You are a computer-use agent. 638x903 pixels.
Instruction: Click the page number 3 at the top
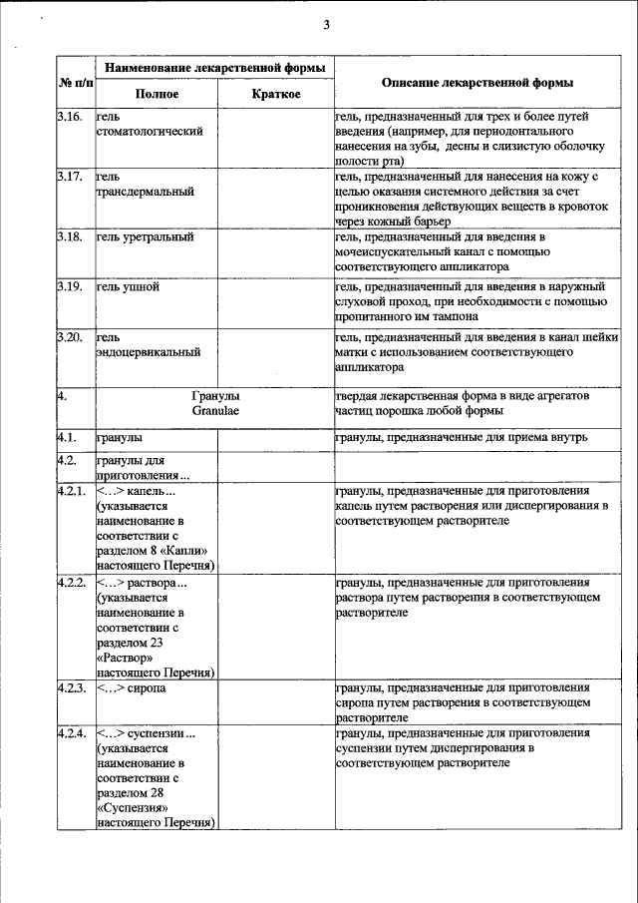pos(326,25)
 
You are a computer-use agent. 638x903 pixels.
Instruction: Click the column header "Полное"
pos(157,94)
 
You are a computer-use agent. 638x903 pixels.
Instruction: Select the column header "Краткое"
pos(275,94)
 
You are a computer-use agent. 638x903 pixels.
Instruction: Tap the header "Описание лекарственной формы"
pos(478,83)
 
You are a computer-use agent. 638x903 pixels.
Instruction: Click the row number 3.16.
pos(69,118)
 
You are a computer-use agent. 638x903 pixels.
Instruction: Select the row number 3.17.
pos(69,178)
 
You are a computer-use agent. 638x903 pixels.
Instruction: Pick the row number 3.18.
pos(69,236)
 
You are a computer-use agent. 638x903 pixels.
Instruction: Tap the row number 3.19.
pos(69,287)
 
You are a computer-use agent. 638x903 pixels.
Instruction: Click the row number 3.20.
pos(69,338)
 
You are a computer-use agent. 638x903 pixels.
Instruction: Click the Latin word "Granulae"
pos(215,410)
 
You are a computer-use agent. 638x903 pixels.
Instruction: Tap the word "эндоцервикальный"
pos(149,352)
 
